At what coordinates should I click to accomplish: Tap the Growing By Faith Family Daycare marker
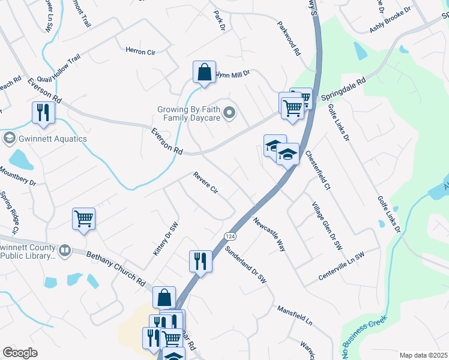(229, 113)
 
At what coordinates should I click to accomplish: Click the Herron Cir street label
(140, 52)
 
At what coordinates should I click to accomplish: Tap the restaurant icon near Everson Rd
(43, 112)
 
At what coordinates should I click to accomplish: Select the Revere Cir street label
(205, 182)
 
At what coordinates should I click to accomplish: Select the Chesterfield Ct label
(318, 170)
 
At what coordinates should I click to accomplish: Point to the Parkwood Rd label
(288, 40)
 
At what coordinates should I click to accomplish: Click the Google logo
(20, 353)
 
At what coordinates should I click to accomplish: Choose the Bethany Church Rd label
(116, 268)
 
